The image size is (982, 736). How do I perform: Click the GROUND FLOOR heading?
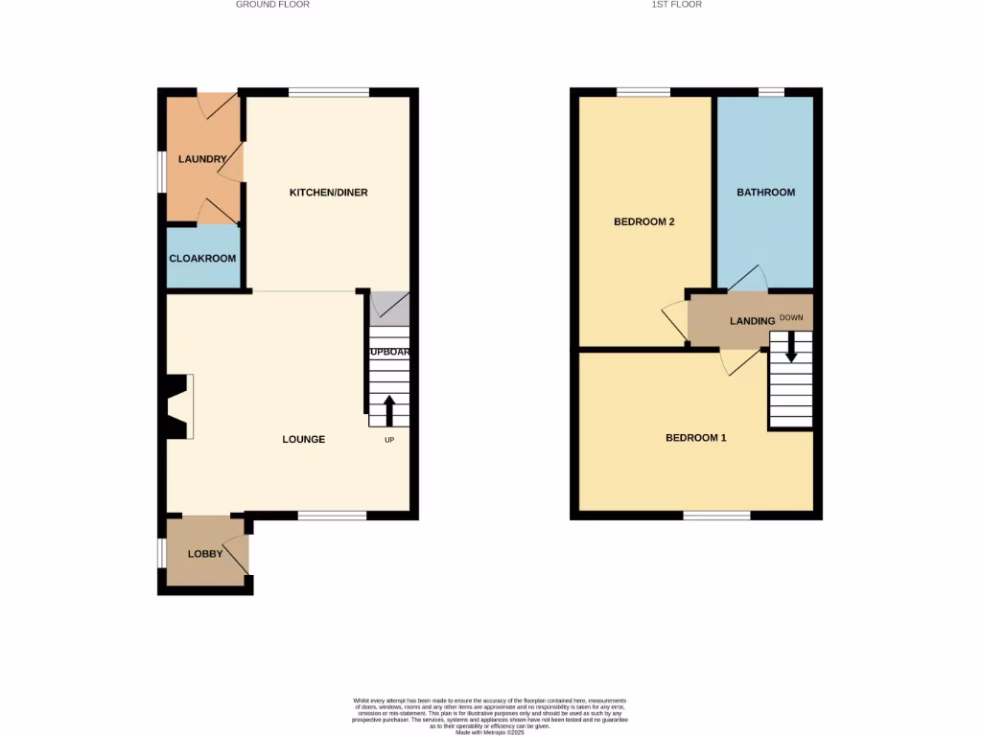[x=272, y=5]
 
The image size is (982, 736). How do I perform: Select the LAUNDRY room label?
[x=202, y=159]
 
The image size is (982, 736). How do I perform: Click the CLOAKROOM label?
[x=202, y=258]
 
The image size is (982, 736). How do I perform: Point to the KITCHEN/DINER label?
[x=328, y=193]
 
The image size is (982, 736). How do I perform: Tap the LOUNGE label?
[x=303, y=439]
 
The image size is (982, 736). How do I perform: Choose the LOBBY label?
[x=205, y=554]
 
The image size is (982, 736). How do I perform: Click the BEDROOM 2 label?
[x=644, y=221]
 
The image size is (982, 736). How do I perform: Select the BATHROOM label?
[x=765, y=193]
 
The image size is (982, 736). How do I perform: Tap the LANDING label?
[x=751, y=321]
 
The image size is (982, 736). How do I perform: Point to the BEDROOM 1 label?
[x=695, y=438]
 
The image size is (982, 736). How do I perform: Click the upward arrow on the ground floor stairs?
[x=389, y=410]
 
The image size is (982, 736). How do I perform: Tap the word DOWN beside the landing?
[x=791, y=317]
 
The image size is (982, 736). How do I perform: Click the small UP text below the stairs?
[x=389, y=440]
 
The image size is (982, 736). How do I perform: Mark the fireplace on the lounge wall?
[x=177, y=406]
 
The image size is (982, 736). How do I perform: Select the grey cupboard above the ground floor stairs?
[x=389, y=307]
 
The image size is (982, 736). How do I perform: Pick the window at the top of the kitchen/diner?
[x=329, y=92]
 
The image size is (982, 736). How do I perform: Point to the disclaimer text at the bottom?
[x=490, y=714]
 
